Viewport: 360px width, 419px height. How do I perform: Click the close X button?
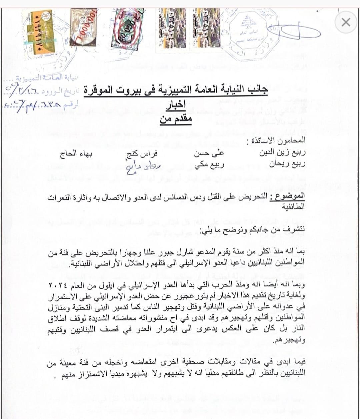(346, 22)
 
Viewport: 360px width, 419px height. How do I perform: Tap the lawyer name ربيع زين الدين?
(282, 153)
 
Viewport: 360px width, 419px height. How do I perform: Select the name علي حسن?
(209, 153)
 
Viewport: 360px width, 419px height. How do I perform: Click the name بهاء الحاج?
(76, 154)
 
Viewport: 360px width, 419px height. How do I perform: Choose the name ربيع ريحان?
(287, 164)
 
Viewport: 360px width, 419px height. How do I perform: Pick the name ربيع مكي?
(209, 164)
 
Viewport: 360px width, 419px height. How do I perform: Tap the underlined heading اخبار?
(176, 106)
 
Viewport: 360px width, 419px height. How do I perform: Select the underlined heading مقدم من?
(176, 119)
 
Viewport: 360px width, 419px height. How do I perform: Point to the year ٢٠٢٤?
(59, 286)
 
